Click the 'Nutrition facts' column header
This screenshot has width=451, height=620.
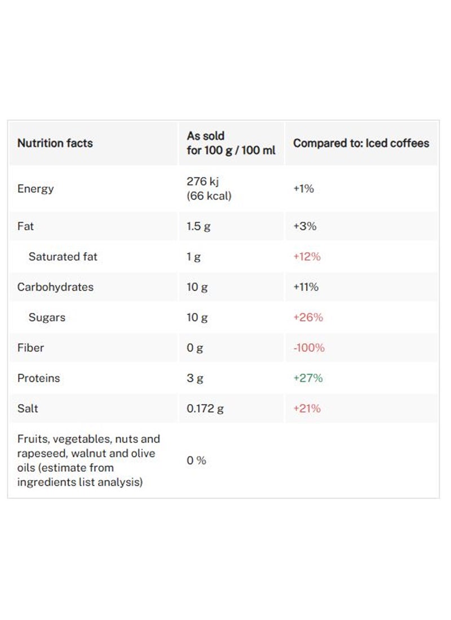tap(55, 143)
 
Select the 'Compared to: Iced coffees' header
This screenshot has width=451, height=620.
tap(361, 143)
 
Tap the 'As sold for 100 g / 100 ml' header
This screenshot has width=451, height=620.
tap(231, 143)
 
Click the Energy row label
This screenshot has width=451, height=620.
tap(36, 189)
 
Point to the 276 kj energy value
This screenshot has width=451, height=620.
tap(202, 181)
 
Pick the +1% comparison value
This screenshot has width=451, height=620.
tap(303, 189)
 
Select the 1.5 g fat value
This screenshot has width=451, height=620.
tap(198, 227)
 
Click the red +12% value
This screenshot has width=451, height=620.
tap(307, 256)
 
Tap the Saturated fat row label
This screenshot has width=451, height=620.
tap(63, 256)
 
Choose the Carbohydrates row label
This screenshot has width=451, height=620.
tap(55, 287)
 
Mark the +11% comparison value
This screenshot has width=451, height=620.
tap(306, 287)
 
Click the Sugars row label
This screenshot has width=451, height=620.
tap(47, 317)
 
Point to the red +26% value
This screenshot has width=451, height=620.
tap(308, 317)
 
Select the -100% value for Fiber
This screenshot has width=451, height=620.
tap(309, 348)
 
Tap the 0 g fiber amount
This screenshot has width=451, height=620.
tap(194, 348)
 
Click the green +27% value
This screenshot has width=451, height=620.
tap(308, 378)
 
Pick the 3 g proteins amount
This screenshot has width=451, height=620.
tap(195, 378)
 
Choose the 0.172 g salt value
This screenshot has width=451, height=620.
tap(205, 409)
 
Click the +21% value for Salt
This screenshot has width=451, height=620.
tap(307, 409)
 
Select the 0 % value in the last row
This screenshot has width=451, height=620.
tap(197, 460)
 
